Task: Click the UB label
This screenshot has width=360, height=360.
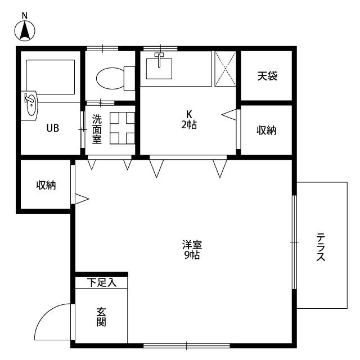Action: point(52,128)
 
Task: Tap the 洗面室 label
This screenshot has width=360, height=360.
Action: point(97,129)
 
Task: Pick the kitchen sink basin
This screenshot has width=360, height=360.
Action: point(161,68)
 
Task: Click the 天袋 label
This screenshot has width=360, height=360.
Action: point(267,75)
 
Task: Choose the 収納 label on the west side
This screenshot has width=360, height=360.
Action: point(46,185)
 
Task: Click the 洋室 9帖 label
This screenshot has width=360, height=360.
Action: point(192,250)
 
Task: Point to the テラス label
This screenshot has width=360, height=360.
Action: point(321,247)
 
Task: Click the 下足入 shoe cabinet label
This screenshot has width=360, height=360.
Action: point(102,282)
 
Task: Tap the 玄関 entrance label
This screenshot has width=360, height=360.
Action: point(101,317)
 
